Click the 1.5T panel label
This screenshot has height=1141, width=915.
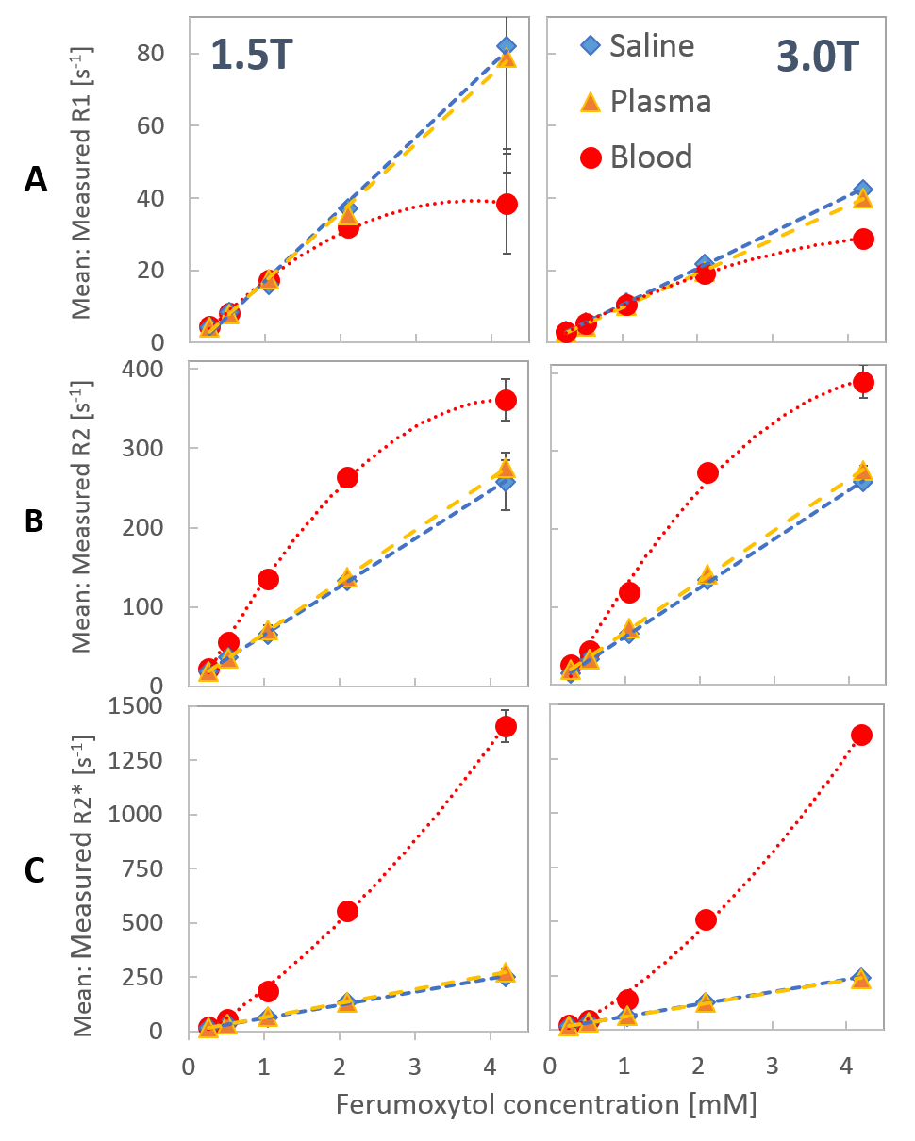click(252, 56)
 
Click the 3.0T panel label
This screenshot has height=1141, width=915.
click(818, 58)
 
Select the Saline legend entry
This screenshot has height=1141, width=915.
click(651, 45)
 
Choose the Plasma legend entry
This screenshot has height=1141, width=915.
click(659, 101)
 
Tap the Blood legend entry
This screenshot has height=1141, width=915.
click(651, 157)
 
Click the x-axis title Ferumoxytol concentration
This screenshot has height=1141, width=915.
click(545, 1103)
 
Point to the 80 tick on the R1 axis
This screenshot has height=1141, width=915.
click(155, 54)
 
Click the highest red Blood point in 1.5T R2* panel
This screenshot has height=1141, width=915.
click(506, 726)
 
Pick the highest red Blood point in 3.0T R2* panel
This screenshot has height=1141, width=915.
click(861, 735)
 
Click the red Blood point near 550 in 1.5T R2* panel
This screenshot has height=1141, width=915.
click(347, 911)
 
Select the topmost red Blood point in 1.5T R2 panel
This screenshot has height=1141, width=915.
click(506, 400)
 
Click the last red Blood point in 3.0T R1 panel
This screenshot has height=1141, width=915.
click(861, 239)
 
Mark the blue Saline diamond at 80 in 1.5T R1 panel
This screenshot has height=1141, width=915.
click(507, 46)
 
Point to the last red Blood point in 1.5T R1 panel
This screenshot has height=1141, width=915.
click(507, 204)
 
